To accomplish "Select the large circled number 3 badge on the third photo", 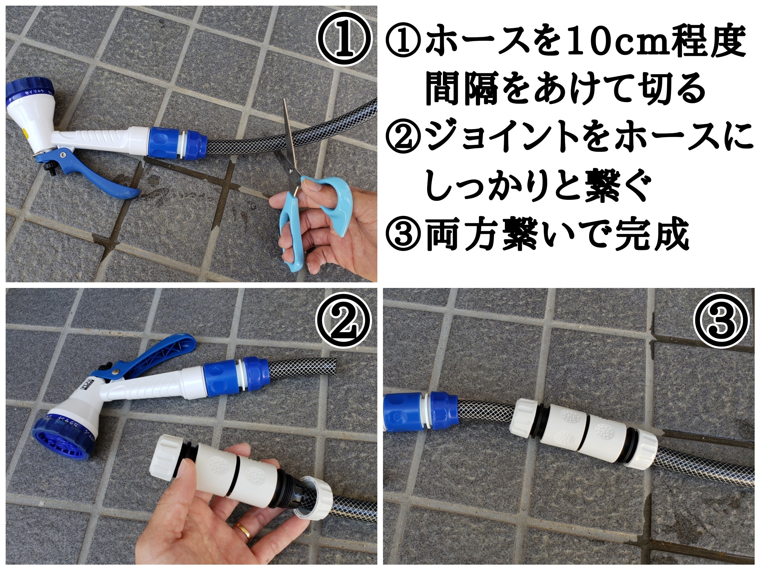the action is (x=721, y=321).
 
